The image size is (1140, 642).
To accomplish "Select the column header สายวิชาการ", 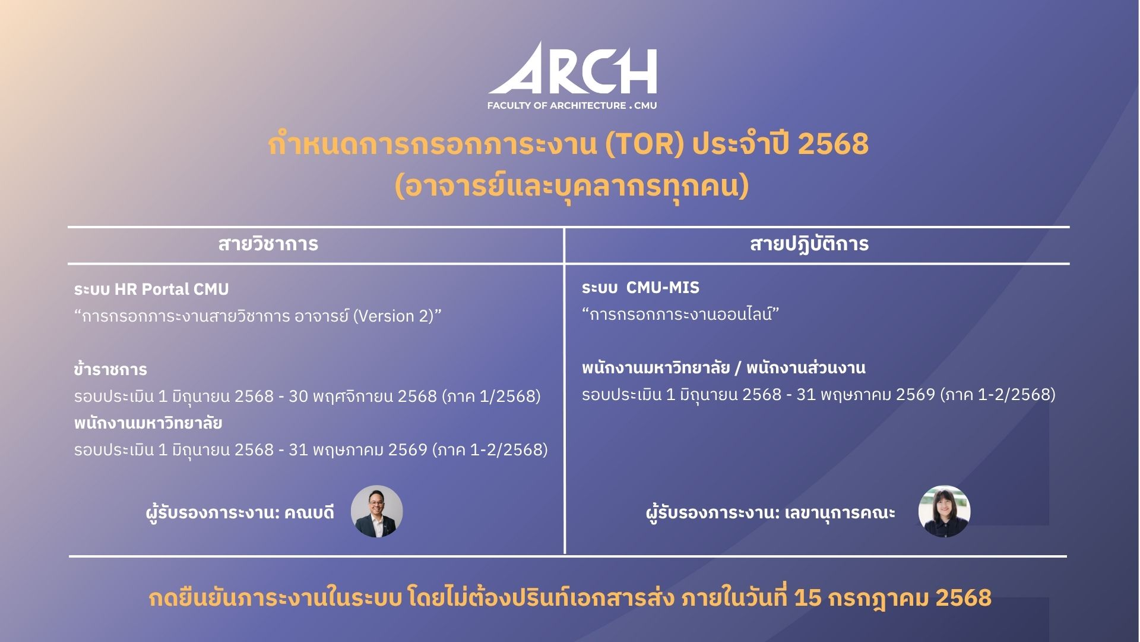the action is pos(268,244).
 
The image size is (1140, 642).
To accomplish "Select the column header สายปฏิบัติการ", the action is pos(809,244).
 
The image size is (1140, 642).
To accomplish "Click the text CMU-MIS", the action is pos(663,288).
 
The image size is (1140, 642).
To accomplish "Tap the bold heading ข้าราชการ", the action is pos(110,370).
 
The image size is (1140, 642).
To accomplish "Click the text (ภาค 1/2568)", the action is pos(492,396).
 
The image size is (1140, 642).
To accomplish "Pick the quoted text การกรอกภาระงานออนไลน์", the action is pos(680,314).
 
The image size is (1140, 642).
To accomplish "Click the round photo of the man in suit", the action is pos(377,512).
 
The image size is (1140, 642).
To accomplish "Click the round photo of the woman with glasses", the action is pos(945,512).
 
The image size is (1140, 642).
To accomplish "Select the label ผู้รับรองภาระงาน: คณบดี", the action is pos(240,512).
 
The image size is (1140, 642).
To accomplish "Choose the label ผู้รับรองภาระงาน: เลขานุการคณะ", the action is pos(771,512).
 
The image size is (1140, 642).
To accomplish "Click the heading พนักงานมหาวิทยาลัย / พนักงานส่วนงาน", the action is pos(724,369).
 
